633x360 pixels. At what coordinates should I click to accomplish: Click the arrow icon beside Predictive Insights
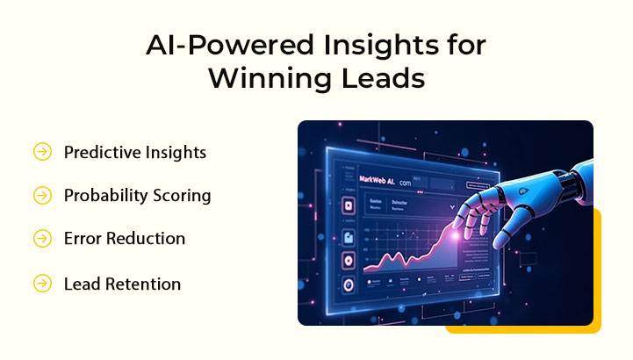42,152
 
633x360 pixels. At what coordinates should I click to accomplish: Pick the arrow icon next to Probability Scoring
42,195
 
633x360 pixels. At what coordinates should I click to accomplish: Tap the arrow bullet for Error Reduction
42,238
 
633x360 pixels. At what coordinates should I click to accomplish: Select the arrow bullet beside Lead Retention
42,284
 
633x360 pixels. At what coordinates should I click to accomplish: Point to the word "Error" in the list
84,238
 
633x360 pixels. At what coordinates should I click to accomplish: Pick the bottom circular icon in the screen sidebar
348,284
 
